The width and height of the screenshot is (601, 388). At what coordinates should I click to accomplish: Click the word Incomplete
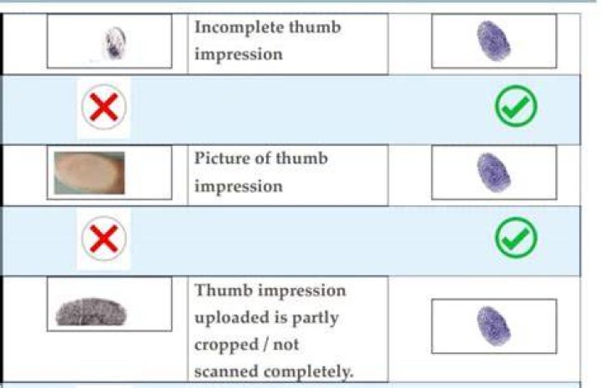pos(240,28)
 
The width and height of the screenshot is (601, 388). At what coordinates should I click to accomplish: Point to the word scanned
pos(226,371)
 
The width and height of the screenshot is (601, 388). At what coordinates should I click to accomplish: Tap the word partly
pos(315,319)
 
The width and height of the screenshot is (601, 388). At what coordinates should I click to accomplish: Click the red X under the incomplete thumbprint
pos(104,107)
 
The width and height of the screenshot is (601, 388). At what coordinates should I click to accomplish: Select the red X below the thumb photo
pos(104,239)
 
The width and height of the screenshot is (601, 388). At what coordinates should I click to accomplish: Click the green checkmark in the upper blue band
pos(517,106)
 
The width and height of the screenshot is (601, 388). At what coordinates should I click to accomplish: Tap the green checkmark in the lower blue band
pos(517,238)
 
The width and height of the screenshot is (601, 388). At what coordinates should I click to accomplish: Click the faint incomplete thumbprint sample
pos(115,43)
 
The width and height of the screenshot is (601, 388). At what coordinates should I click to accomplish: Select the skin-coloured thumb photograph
pos(89,173)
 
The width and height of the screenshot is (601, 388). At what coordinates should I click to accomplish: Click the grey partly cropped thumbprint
pos(91,312)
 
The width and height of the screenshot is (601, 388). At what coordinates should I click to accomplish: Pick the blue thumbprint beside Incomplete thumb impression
pos(493,41)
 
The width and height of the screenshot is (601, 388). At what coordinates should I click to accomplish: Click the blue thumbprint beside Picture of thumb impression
pos(493,173)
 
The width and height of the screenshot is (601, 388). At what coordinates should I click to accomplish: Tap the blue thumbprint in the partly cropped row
pos(493,326)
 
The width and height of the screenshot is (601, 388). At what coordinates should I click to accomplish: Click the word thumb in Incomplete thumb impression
pos(315,28)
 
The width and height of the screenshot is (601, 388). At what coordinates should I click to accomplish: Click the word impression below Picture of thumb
pos(239,187)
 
